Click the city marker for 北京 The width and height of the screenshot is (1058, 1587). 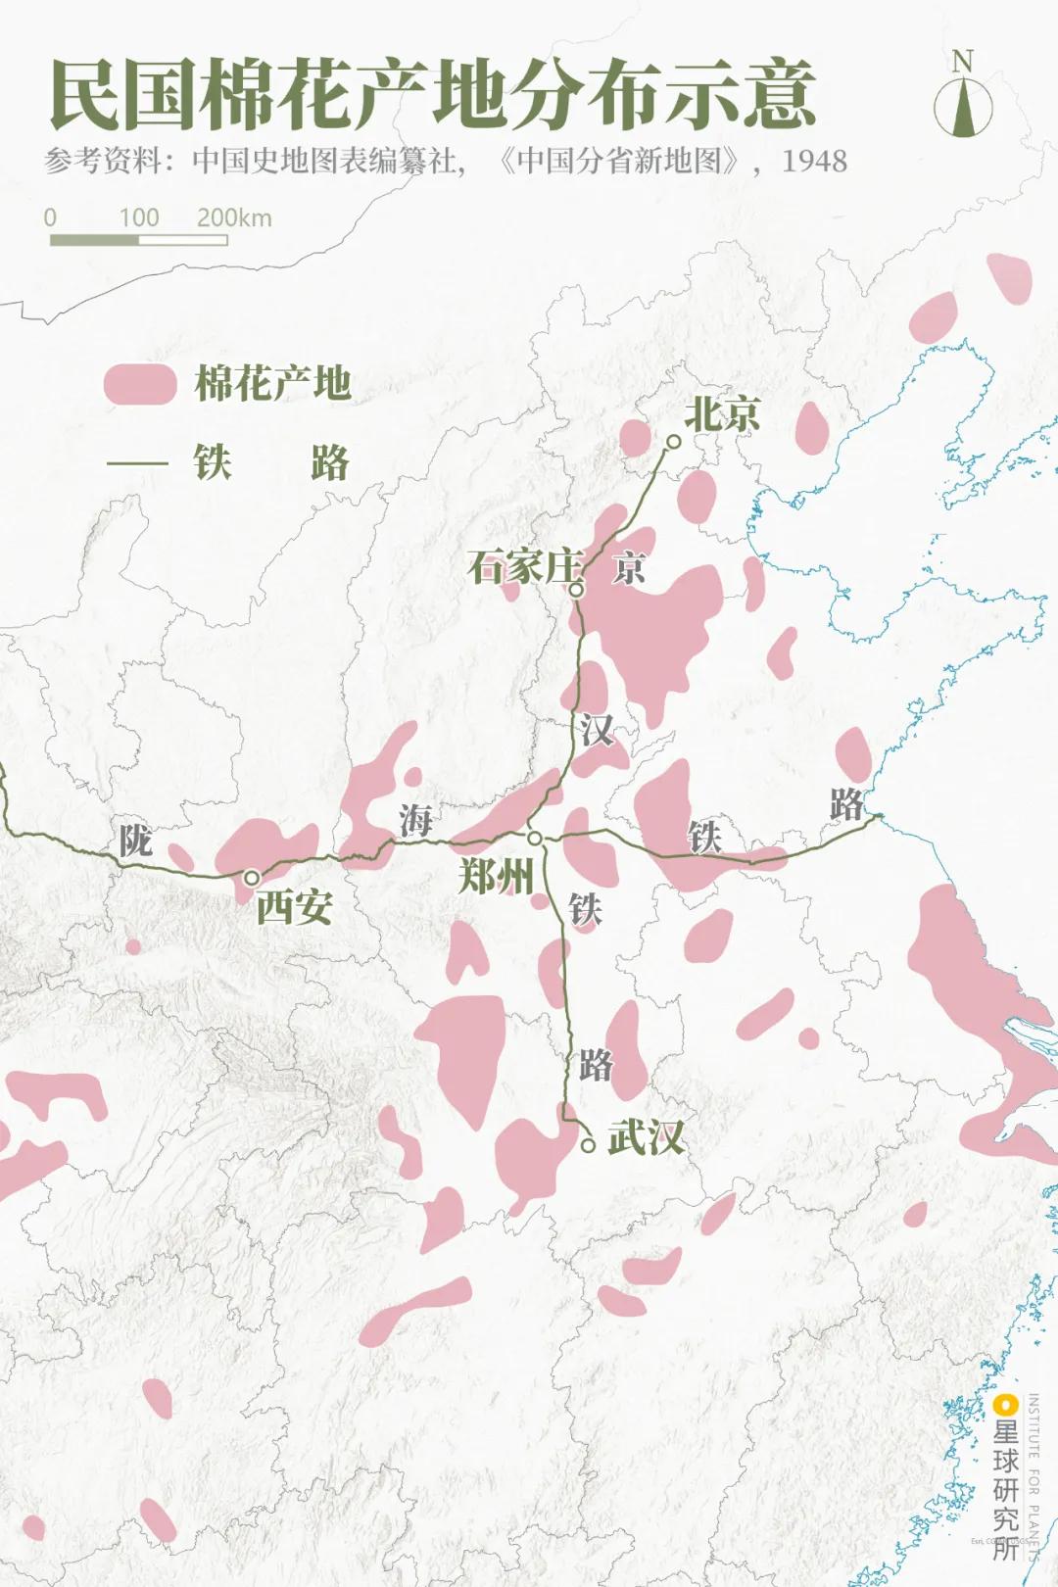pyautogui.click(x=674, y=442)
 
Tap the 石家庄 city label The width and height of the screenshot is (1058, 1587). pyautogui.click(x=524, y=567)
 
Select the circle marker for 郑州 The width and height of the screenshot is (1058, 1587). pyautogui.click(x=535, y=839)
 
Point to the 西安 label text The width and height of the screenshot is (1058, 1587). pyautogui.click(x=294, y=908)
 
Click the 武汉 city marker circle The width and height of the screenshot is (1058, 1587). pyautogui.click(x=588, y=1144)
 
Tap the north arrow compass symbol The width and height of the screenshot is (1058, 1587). pyautogui.click(x=963, y=98)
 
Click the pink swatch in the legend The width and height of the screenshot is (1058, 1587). pyautogui.click(x=140, y=384)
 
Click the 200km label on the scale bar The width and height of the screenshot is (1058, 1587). pyautogui.click(x=234, y=217)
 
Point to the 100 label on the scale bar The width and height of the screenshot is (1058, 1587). pyautogui.click(x=139, y=217)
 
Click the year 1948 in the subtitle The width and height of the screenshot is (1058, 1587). pyautogui.click(x=814, y=161)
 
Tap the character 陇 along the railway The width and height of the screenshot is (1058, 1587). pyautogui.click(x=135, y=841)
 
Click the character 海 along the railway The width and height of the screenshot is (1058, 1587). pyautogui.click(x=415, y=820)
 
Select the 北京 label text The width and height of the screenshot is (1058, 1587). pyautogui.click(x=722, y=413)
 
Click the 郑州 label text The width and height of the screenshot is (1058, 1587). pyautogui.click(x=496, y=875)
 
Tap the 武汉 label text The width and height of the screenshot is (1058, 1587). pyautogui.click(x=646, y=1137)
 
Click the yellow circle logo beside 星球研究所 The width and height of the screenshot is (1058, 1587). pyautogui.click(x=1004, y=1407)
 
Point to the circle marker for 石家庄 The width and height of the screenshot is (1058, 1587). pyautogui.click(x=577, y=590)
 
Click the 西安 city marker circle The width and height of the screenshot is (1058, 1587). pyautogui.click(x=252, y=877)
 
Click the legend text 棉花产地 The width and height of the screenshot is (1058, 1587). pyautogui.click(x=273, y=383)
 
